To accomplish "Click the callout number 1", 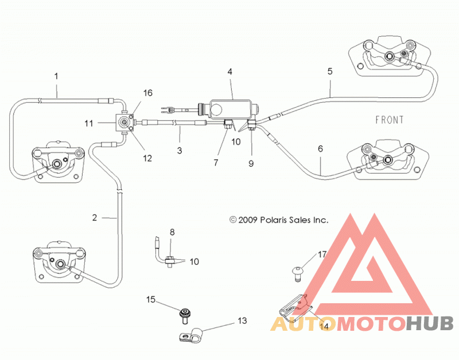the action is point(56,76).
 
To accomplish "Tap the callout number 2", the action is point(94,218).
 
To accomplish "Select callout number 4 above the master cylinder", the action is point(230,72).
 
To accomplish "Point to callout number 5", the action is point(330,71).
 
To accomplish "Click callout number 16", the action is point(148,93).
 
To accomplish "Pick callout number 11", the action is point(89,123).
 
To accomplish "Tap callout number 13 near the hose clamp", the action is point(242,321).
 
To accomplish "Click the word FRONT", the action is point(390,120).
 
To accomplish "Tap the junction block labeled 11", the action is point(125,123).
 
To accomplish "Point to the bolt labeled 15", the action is point(185,316).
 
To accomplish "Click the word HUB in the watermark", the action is point(430,324).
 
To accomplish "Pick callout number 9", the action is point(251,163).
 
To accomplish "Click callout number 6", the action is point(320,149).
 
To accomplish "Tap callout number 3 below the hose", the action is point(180,151).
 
